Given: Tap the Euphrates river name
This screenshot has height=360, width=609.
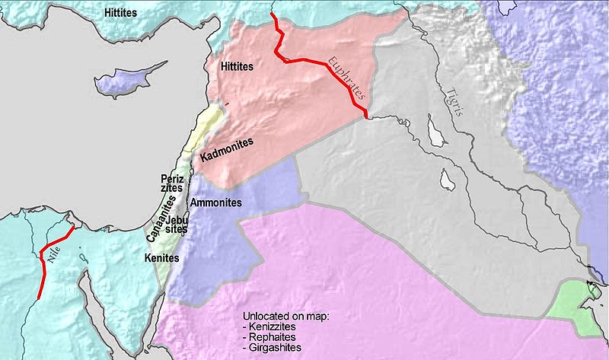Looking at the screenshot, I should click(345, 79).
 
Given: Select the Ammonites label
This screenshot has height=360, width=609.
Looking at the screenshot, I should click(216, 203).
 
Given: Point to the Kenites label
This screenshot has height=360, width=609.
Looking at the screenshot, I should click(161, 259).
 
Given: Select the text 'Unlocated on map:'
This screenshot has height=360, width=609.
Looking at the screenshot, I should click(284, 315).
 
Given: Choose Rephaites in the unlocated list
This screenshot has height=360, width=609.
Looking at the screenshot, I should click(276, 336).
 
